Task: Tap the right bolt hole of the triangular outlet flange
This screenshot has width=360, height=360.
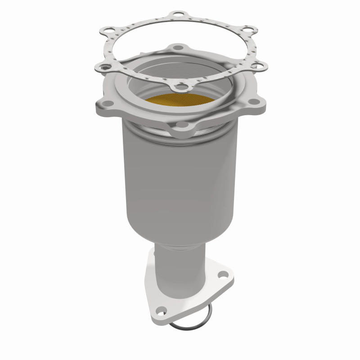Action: click(x=221, y=274)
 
